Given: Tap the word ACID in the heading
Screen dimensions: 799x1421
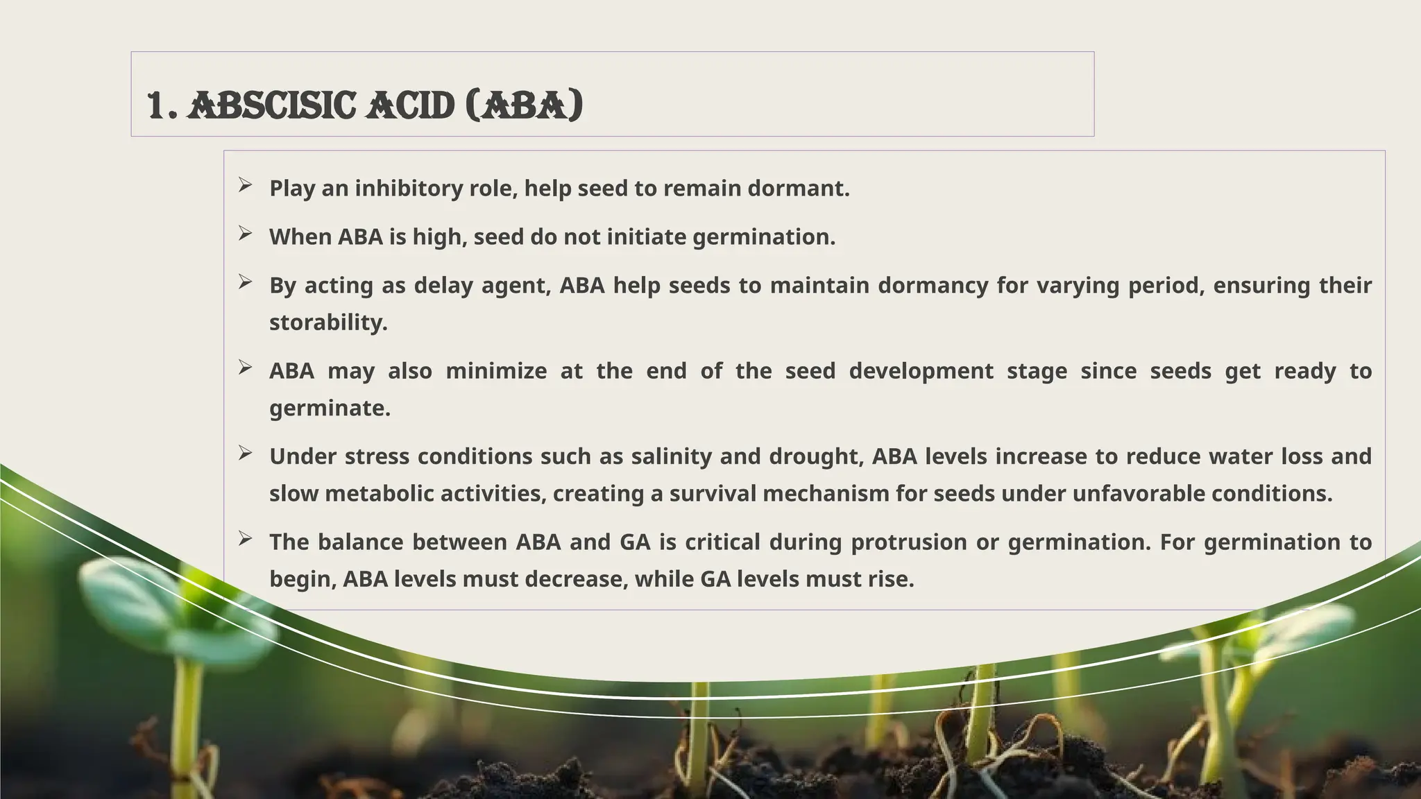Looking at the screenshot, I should coord(410,106).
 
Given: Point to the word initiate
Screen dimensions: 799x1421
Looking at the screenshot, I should coord(647,237).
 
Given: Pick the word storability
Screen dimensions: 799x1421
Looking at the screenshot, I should coord(328,323).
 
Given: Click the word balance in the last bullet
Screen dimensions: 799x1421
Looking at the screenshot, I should coord(360,542).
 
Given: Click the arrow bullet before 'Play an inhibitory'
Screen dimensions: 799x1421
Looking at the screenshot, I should coord(245,184).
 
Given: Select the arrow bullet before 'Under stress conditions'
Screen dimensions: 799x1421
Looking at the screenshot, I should coord(245,453).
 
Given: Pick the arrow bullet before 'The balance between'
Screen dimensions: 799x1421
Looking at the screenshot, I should coord(245,538).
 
